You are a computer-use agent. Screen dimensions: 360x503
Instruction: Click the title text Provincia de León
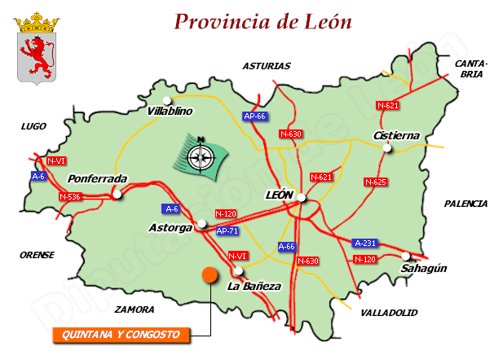tap(263, 21)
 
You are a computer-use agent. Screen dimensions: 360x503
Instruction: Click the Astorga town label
tap(170, 226)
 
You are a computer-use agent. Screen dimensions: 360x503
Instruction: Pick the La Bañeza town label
tap(254, 286)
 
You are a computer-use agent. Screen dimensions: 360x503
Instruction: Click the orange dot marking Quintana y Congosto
tap(210, 274)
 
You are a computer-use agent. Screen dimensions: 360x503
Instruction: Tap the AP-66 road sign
tap(255, 116)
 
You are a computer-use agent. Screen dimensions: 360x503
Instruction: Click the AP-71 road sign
tap(227, 231)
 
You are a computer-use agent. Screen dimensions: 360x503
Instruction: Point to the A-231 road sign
tap(364, 243)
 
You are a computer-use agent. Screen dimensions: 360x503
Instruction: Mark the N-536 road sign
tap(70, 196)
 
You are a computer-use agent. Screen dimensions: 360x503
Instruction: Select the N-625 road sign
tap(375, 182)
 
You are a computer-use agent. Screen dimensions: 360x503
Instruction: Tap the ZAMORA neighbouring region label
tap(135, 310)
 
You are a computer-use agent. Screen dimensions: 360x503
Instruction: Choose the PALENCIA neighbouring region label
tap(465, 204)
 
